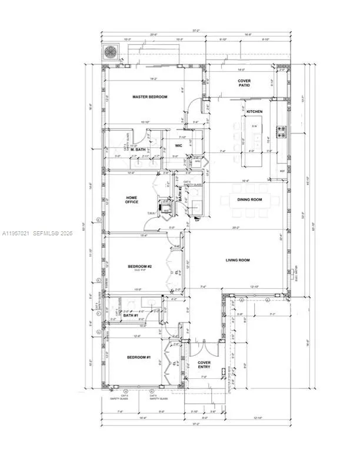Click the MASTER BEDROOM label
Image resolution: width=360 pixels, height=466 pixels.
point(149,96)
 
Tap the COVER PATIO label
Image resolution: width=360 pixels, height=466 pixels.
point(244,83)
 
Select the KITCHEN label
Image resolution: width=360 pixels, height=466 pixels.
point(254,111)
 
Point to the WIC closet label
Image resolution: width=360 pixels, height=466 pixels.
point(179,145)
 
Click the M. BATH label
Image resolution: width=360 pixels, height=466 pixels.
point(138,149)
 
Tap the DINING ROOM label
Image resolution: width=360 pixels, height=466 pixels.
point(248,199)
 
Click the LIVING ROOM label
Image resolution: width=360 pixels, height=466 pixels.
point(238,259)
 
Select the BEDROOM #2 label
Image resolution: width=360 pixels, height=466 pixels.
point(140,267)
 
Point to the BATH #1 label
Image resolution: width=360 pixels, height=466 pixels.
point(131,315)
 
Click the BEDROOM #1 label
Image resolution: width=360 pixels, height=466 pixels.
point(139,358)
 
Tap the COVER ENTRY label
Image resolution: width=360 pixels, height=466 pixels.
point(204,365)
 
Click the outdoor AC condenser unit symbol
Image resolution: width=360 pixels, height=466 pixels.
point(110,51)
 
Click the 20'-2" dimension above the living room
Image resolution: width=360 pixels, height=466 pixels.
point(236,228)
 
